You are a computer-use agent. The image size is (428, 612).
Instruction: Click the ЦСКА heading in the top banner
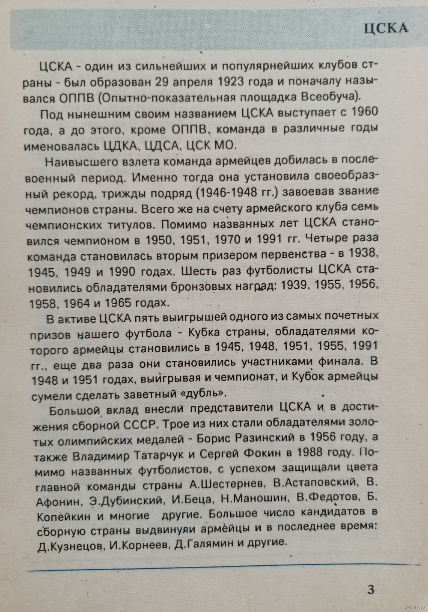386,28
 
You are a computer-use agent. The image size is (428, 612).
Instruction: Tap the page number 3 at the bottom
371,589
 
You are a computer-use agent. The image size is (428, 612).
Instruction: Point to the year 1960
364,112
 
